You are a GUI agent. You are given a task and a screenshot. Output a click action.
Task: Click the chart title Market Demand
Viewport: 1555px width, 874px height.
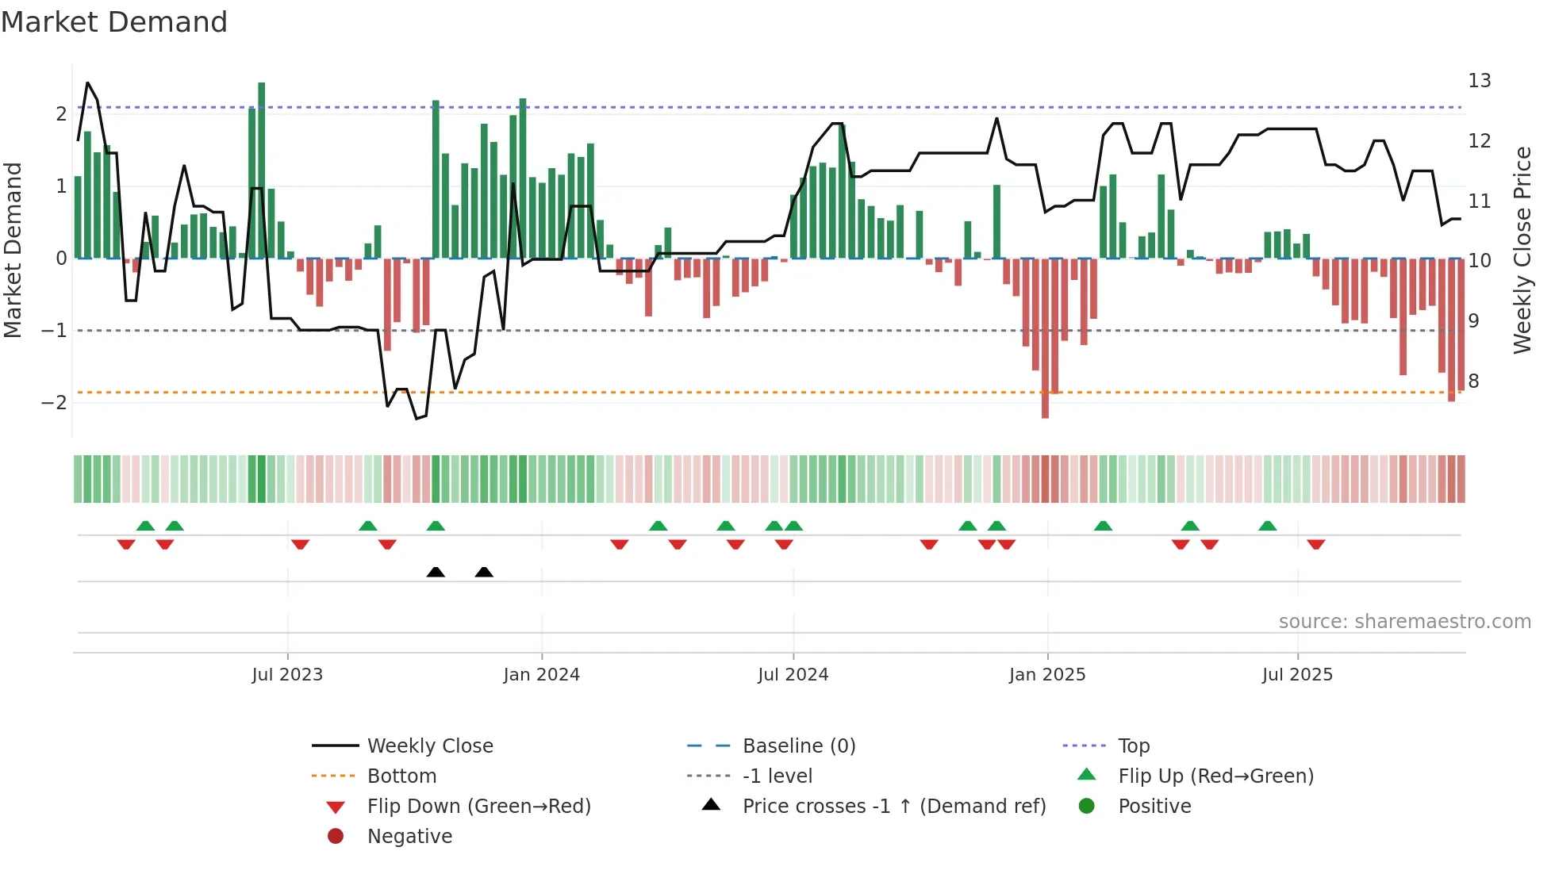pos(114,22)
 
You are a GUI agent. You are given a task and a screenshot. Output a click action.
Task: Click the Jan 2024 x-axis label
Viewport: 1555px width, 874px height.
pos(541,675)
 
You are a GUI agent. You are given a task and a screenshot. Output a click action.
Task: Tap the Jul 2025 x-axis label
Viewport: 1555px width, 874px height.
pos(1297,675)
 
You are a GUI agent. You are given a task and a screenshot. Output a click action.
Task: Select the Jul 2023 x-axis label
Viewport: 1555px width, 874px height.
pos(287,675)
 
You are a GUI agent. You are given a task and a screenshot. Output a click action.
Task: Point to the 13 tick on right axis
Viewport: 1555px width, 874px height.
pos(1479,81)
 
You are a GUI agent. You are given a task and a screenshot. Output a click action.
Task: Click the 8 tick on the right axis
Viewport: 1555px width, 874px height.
pos(1473,381)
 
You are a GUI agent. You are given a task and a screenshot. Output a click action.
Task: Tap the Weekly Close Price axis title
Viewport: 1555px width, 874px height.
pos(1522,250)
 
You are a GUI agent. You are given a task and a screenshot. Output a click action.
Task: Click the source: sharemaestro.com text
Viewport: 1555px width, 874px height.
pos(1404,621)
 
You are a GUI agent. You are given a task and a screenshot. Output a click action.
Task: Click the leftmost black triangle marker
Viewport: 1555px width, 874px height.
pos(436,572)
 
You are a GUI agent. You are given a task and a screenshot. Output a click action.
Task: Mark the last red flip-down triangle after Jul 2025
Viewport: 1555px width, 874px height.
pos(1316,545)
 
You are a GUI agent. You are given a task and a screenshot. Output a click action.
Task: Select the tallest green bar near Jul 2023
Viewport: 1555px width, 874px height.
pos(262,171)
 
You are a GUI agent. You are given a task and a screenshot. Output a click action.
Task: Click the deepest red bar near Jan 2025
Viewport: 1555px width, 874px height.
pos(1045,338)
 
